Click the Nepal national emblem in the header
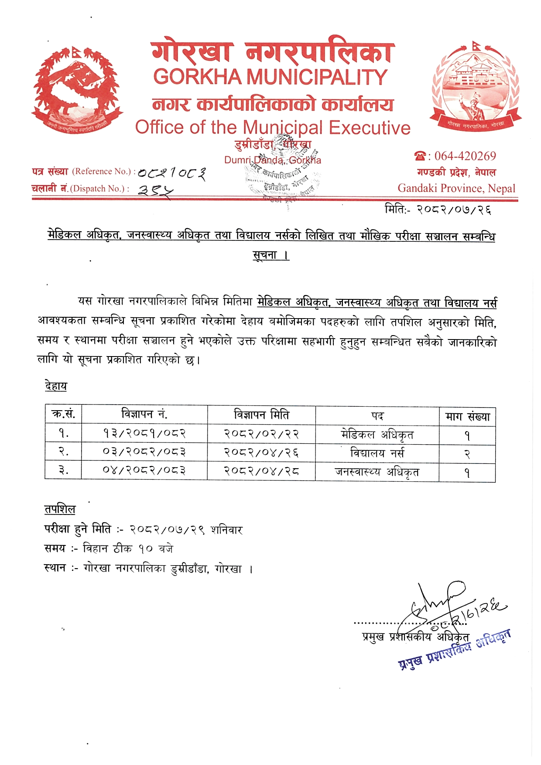click(78, 89)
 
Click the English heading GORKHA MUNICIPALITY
click(270, 77)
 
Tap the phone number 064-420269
click(465, 156)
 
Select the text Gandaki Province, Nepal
click(456, 189)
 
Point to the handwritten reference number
click(172, 173)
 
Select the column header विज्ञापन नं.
click(144, 414)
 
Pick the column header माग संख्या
click(467, 417)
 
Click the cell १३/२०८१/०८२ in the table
click(144, 434)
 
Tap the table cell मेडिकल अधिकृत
click(377, 435)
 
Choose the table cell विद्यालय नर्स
click(377, 453)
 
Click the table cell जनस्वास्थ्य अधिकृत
click(377, 472)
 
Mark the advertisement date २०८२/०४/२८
click(261, 471)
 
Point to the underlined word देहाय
click(56, 386)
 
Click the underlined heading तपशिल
click(60, 509)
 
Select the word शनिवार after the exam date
click(226, 530)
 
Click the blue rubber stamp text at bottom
click(454, 650)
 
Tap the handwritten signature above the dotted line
click(436, 602)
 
